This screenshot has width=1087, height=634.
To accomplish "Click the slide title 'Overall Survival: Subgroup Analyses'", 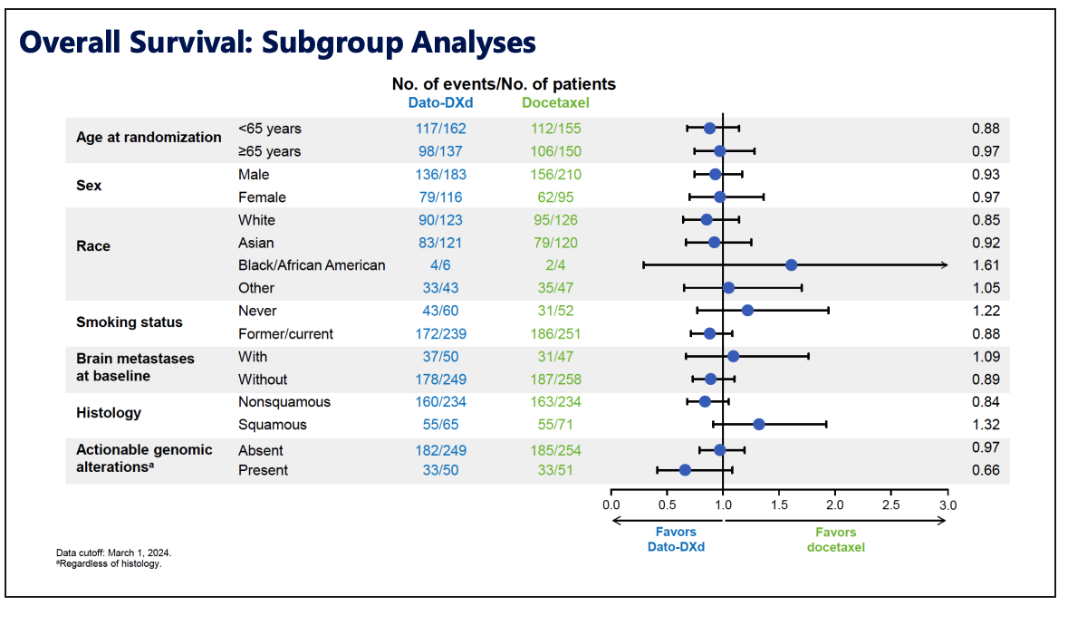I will [277, 42].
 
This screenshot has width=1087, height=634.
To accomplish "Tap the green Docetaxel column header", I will [554, 102].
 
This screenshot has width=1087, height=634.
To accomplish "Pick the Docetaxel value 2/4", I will [554, 265].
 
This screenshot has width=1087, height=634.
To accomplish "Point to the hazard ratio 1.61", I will [986, 265].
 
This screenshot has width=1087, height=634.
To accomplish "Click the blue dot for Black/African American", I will [791, 264].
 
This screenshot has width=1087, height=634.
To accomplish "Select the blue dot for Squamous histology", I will [758, 424].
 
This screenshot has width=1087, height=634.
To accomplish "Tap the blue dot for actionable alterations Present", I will [685, 469].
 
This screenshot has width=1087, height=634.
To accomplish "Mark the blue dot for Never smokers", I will [747, 310].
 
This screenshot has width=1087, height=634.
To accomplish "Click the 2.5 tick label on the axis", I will [890, 504].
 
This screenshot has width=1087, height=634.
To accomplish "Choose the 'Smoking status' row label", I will [129, 322].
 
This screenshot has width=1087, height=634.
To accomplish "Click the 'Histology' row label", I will [109, 413].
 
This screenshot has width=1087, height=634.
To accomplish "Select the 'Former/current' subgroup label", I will [285, 333].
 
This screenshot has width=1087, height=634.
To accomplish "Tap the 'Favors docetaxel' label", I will [835, 539].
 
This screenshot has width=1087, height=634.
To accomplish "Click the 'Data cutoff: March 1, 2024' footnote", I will [113, 552].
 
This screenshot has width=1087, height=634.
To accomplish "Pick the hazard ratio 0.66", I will [986, 470].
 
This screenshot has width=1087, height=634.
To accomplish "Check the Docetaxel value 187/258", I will [554, 379].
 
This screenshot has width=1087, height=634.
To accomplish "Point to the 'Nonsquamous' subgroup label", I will [284, 402].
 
